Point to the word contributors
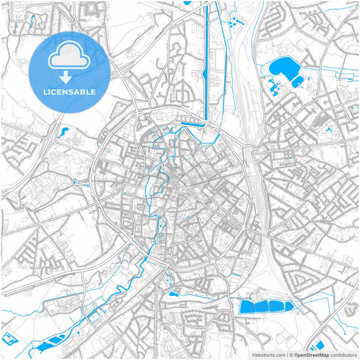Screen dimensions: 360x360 pos(341,354)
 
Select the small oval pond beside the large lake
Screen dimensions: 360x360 pos(297,82)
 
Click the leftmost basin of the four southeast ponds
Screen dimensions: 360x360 pos(249,307)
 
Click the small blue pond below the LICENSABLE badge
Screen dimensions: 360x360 pos(65,132)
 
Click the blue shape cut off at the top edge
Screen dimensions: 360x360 pos(187,2)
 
